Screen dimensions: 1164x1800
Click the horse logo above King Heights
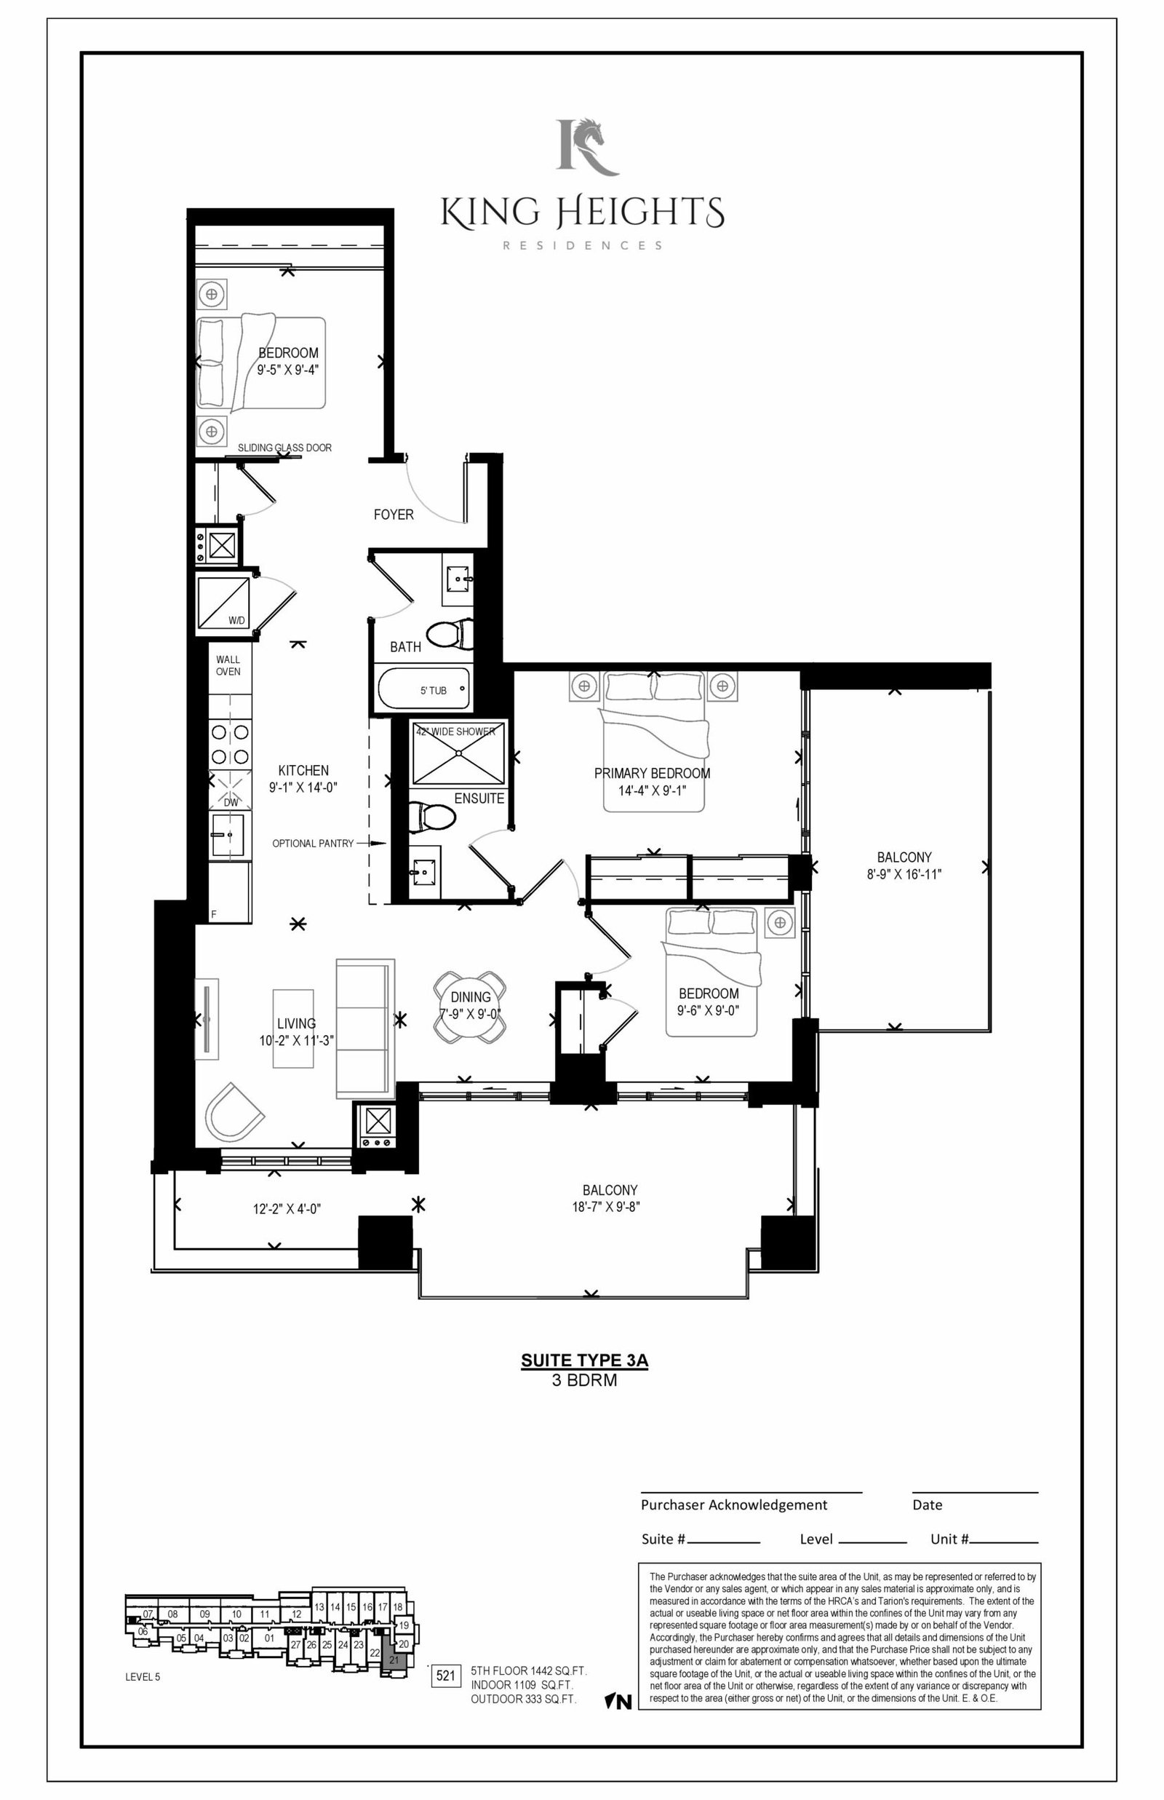(x=587, y=146)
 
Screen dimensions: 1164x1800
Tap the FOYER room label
(x=393, y=515)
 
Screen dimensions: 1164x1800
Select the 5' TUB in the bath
(x=422, y=689)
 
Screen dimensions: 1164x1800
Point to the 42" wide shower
(x=458, y=753)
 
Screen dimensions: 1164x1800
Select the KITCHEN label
(x=303, y=770)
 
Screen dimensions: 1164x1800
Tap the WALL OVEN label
(x=228, y=665)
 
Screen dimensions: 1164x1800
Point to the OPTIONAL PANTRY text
(x=313, y=843)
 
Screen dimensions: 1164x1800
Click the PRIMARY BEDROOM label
(x=653, y=774)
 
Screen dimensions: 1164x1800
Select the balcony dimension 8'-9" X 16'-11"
(x=904, y=874)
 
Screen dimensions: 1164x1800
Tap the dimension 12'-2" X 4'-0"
(x=287, y=1209)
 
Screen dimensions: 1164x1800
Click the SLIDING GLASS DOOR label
(x=285, y=448)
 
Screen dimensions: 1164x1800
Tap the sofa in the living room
(x=365, y=1030)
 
